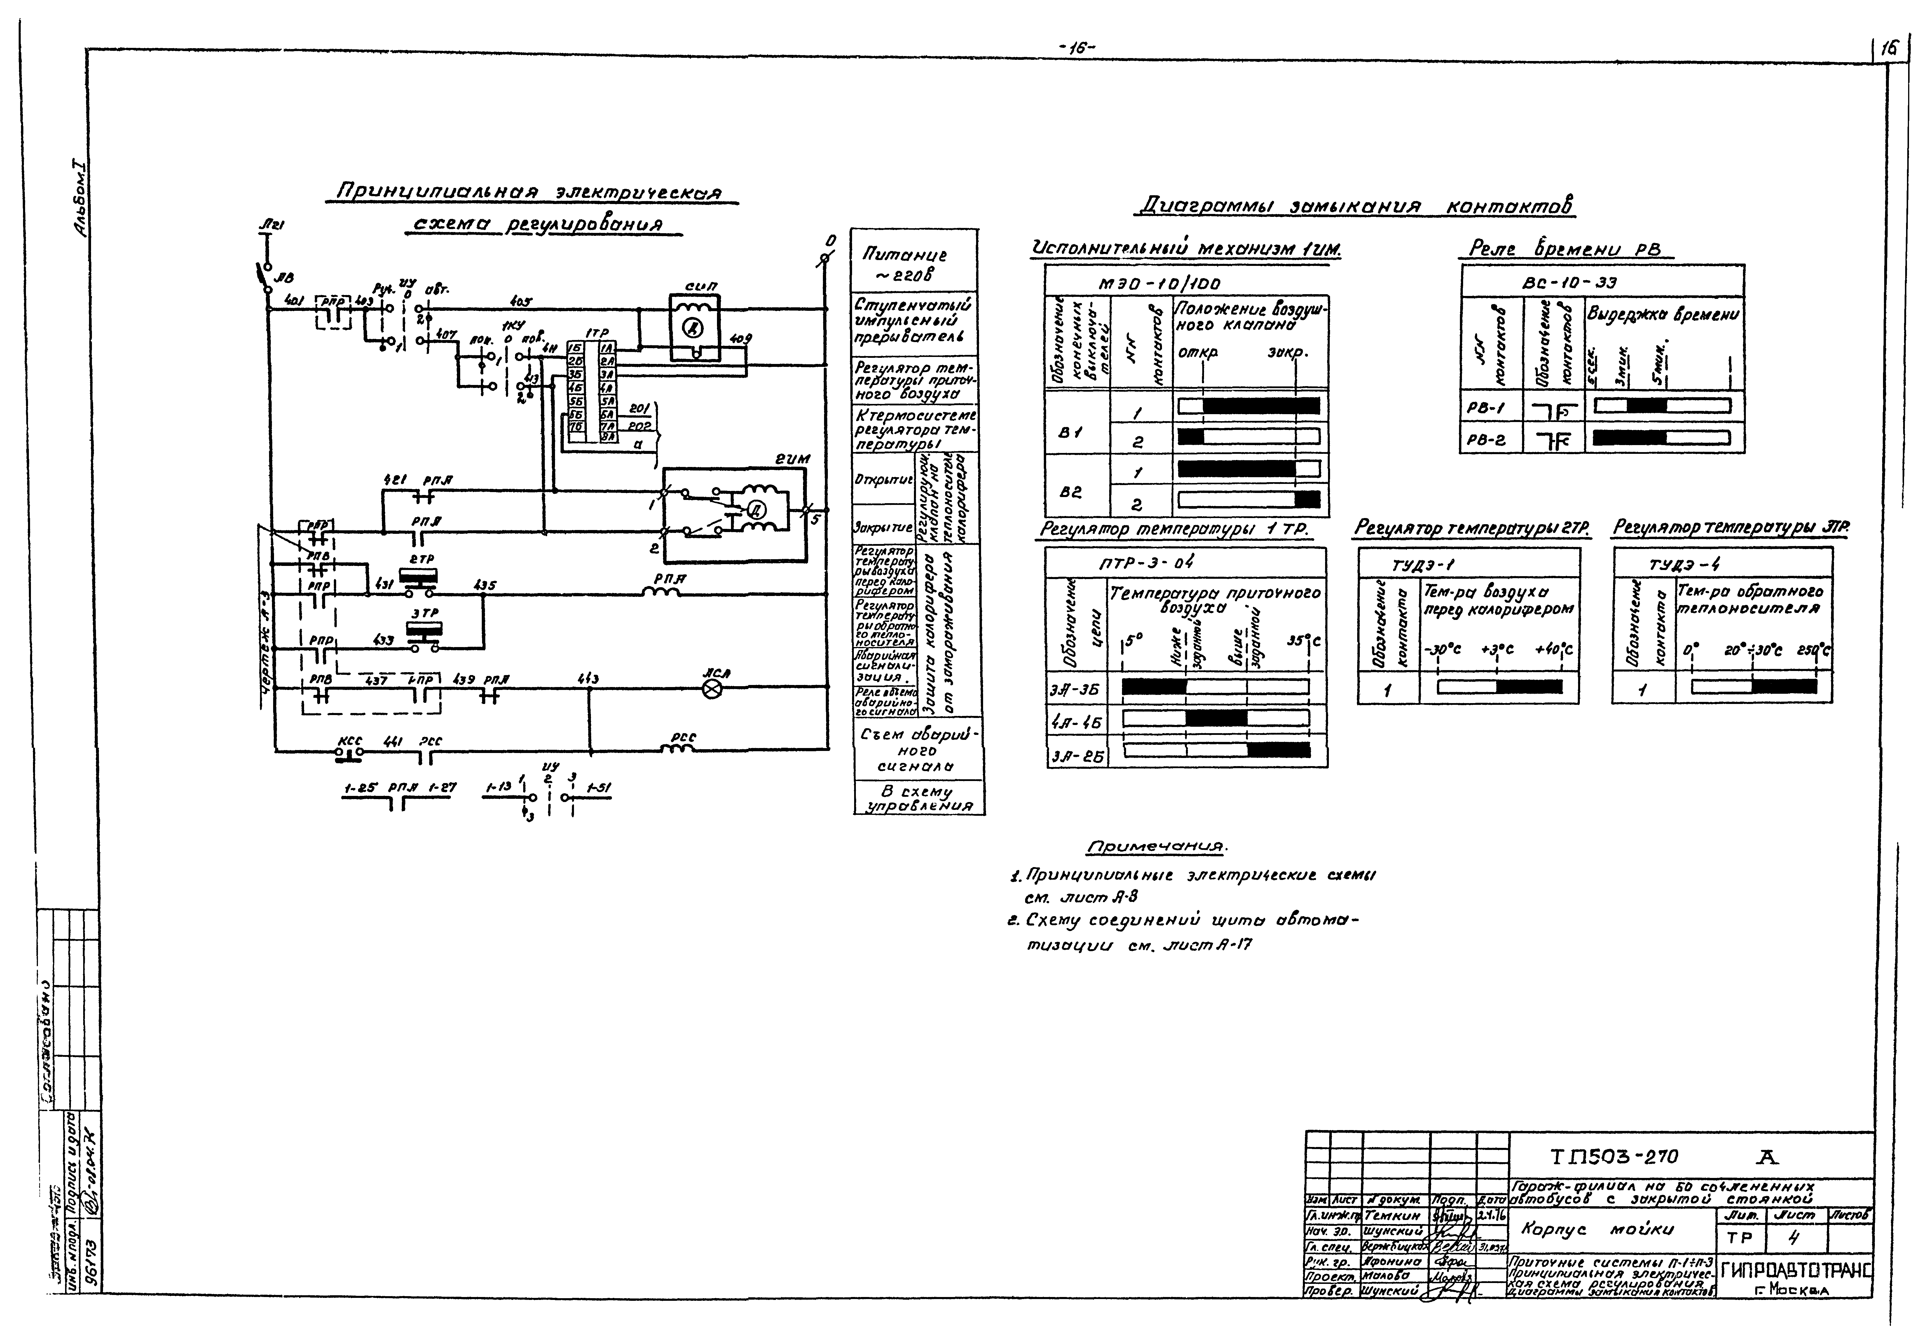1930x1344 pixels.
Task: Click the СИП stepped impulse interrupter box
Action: pos(694,328)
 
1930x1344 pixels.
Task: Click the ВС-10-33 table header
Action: pos(1568,283)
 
